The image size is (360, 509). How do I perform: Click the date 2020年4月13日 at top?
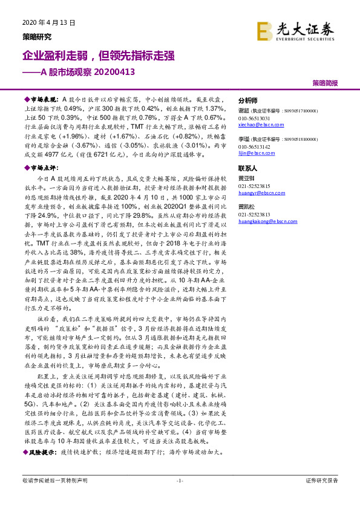(47, 24)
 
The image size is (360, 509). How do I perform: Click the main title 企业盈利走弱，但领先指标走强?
(99, 56)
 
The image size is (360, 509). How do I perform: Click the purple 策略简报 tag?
(325, 82)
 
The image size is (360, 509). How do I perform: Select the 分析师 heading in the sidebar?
(248, 100)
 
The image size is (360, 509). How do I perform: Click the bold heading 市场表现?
(42, 98)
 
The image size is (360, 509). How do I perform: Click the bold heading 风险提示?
(42, 452)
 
